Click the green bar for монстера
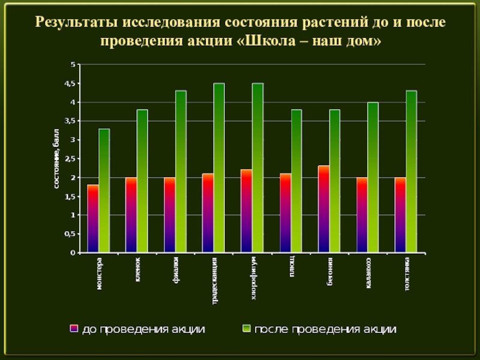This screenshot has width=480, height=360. tap(104, 191)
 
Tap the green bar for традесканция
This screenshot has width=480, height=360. tap(219, 168)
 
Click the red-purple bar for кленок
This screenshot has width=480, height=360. tap(131, 215)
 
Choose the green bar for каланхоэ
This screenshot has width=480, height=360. tap(373, 178)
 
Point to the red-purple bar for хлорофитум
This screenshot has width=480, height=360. tap(247, 211)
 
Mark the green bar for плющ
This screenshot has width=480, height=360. tap(296, 181)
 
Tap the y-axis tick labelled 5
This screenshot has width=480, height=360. tap(73, 64)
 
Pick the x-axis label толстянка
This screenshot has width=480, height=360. tap(407, 274)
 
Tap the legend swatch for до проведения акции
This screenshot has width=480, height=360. tap(74, 329)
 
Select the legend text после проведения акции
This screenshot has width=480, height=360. tap(325, 329)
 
